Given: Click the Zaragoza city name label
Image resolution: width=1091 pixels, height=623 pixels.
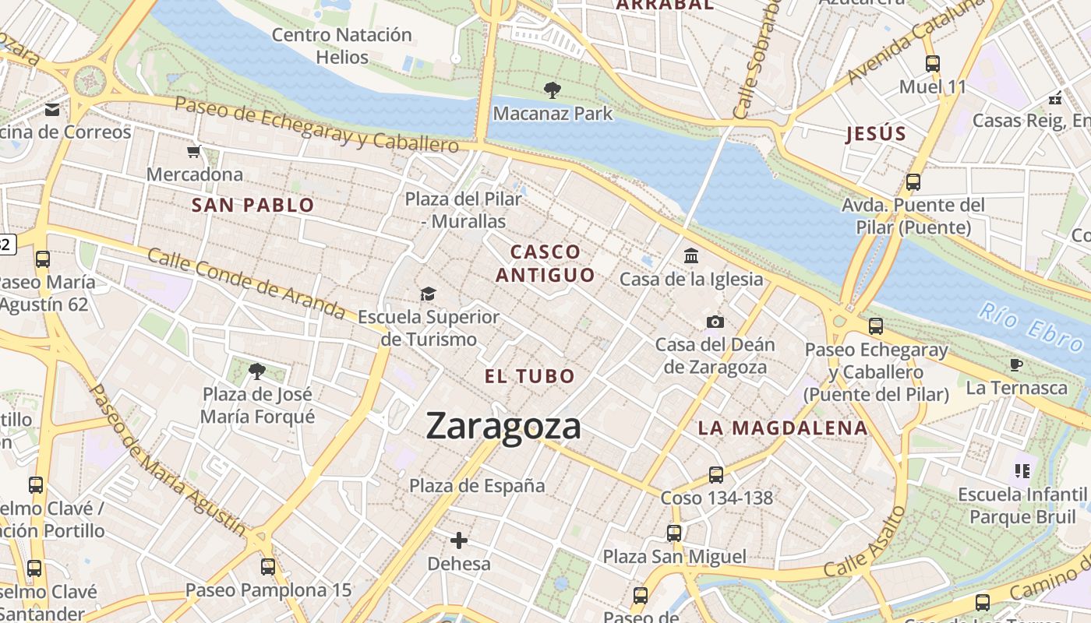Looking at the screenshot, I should [503, 427].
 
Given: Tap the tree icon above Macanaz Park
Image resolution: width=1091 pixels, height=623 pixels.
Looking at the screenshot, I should [553, 90].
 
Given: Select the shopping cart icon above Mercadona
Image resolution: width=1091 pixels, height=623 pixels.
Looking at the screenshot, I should [194, 151].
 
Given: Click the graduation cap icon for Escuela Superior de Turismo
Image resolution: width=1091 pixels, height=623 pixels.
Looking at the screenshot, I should [428, 294].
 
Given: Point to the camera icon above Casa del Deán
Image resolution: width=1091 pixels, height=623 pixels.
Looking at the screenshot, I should [715, 322].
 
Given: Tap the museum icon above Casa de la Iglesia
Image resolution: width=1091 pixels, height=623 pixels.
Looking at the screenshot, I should [690, 255].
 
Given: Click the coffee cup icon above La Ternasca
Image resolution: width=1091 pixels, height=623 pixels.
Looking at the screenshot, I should [1016, 364].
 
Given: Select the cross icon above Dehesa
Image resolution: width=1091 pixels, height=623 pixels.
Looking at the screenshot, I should [459, 540].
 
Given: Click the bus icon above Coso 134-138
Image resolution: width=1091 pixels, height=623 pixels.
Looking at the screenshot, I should [715, 474].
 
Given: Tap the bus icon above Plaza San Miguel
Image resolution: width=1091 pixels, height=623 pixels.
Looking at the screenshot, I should [674, 533].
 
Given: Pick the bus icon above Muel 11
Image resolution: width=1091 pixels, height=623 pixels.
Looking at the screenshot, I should [933, 64].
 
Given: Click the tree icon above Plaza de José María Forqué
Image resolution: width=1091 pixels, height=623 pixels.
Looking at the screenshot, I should [256, 371].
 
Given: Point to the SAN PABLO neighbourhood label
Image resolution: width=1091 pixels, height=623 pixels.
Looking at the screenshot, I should [253, 206].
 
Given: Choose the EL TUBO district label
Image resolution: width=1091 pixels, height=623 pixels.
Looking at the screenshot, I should [530, 377].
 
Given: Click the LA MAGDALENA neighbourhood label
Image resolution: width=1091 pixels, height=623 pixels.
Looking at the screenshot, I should [782, 428].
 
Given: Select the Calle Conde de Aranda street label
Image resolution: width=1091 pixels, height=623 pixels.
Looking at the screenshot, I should [245, 283].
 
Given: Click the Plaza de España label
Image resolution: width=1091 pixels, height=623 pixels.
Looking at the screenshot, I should [477, 486].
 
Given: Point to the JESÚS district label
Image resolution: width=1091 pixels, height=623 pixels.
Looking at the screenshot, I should [876, 134].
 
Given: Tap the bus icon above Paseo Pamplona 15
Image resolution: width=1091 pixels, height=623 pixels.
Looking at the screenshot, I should [268, 566].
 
